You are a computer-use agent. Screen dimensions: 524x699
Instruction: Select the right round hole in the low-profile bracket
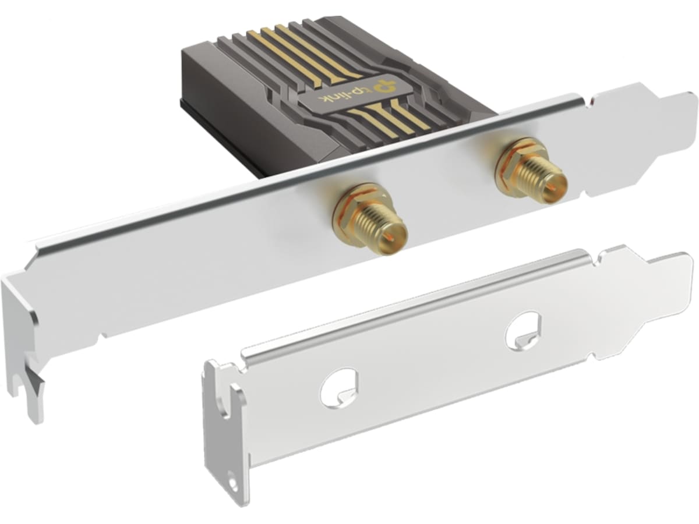click(x=523, y=331)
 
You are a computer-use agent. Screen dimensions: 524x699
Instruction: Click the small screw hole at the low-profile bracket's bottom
click(x=234, y=483)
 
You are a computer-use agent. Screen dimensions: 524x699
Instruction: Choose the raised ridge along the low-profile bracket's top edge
click(x=408, y=303)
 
